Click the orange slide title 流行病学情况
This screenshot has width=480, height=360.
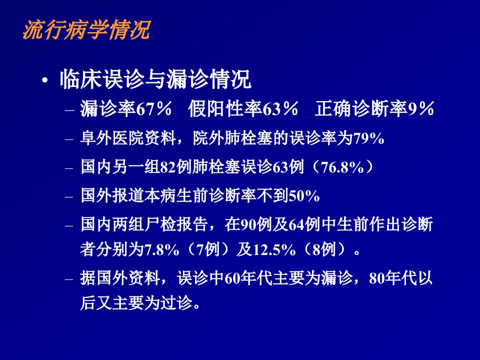pos(86,30)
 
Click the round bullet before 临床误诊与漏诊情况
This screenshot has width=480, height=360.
pos(45,81)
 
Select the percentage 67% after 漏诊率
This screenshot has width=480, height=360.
pos(153,108)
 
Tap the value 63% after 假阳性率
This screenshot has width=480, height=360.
pos(280,108)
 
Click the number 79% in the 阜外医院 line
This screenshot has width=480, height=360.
pos(368,138)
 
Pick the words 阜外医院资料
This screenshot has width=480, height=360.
pos(128,138)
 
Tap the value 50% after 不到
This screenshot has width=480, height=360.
pos(304,196)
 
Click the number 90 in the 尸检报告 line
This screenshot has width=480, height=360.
pos(249,225)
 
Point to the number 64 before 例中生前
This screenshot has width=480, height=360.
pos(296,225)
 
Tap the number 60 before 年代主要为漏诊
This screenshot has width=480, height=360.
pos(232,279)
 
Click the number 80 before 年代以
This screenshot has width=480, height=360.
pos(377,279)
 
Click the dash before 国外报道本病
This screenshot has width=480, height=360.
pos(69,197)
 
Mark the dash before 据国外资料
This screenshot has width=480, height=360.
pos(69,279)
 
